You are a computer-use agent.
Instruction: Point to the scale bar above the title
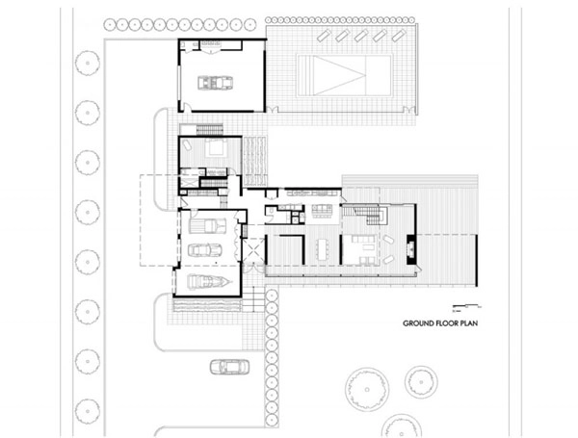[466, 306]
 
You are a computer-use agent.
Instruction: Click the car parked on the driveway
[229, 367]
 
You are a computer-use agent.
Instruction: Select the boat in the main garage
[210, 282]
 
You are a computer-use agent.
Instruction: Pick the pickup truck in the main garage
[207, 226]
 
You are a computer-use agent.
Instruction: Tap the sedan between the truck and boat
[205, 250]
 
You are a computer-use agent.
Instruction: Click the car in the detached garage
[215, 83]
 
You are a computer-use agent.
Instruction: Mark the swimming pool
[344, 75]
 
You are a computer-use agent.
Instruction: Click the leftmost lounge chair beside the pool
[324, 36]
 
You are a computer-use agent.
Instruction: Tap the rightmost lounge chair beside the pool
[398, 36]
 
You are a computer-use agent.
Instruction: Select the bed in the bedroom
[213, 147]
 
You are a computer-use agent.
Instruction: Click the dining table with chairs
[323, 249]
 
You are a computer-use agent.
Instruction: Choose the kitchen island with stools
[322, 211]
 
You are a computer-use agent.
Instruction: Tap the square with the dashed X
[253, 250]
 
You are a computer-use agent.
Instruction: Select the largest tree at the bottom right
[367, 389]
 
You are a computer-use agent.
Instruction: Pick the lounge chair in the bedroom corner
[188, 145]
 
